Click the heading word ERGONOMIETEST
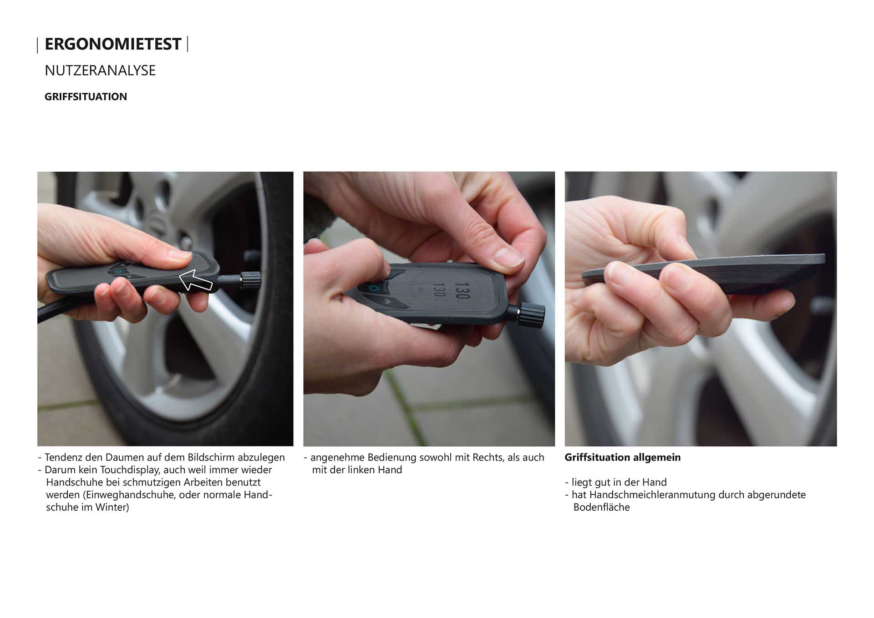[113, 44]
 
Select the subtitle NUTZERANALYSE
[100, 71]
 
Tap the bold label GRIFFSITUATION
[86, 96]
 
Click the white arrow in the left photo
[195, 280]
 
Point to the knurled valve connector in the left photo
[250, 280]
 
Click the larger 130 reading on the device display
[462, 290]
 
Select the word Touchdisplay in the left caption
[129, 470]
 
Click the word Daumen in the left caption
[124, 457]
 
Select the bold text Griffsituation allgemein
[623, 457]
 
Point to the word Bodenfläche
[601, 507]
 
